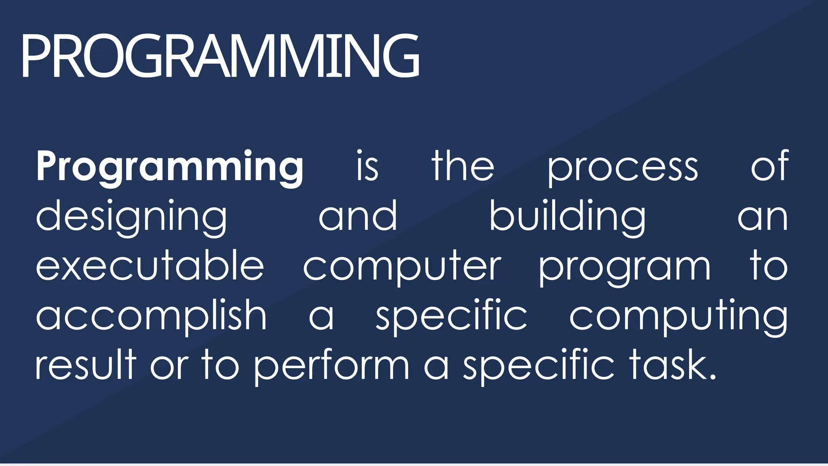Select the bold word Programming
pyautogui.click(x=169, y=166)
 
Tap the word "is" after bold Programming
pyautogui.click(x=367, y=166)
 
